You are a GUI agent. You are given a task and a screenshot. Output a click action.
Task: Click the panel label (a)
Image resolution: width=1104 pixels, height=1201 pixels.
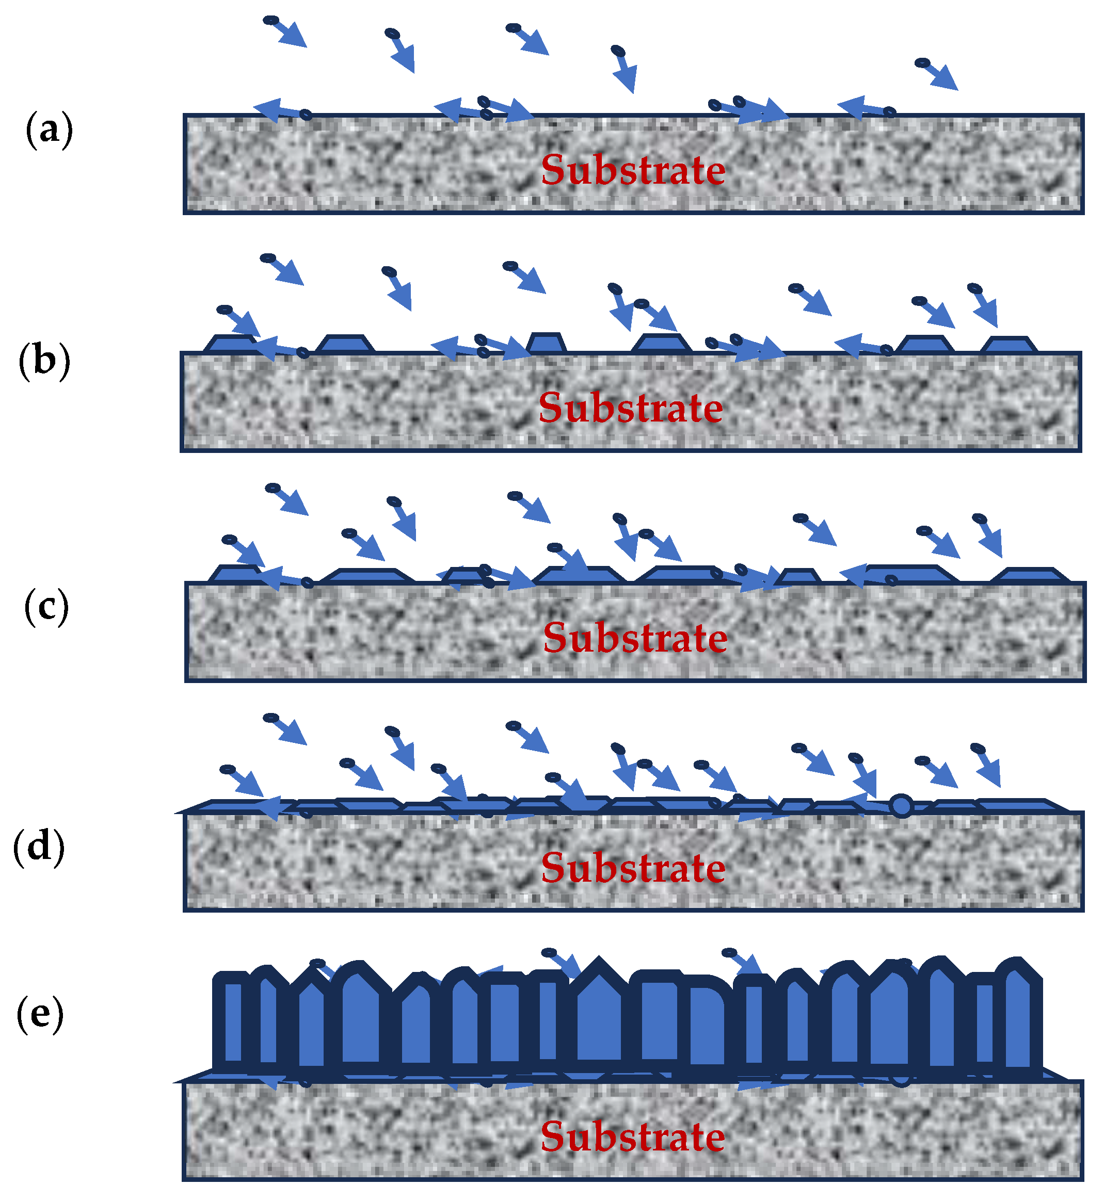(49, 129)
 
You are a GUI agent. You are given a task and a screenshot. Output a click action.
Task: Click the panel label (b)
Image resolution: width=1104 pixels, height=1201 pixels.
(44, 361)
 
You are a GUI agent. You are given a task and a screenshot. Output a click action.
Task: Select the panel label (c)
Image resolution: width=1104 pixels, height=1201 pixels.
(46, 607)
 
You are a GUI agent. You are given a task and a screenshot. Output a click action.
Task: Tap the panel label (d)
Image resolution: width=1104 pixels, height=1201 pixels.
(39, 847)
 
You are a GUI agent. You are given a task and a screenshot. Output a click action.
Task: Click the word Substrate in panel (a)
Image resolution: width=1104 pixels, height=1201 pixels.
(633, 171)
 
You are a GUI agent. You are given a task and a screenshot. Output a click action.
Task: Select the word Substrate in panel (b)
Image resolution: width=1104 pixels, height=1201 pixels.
(630, 408)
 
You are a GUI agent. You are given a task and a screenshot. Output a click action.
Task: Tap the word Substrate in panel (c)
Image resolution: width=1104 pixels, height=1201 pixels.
(635, 638)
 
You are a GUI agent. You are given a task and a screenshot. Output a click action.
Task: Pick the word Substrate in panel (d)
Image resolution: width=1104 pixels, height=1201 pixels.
(633, 867)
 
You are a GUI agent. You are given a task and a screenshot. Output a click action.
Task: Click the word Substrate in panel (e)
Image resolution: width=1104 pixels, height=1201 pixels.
(633, 1136)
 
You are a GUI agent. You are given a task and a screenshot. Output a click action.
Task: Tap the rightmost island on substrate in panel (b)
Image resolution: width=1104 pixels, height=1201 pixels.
(1009, 345)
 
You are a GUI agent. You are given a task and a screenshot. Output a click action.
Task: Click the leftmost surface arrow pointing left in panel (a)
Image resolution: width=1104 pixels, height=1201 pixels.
(276, 110)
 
